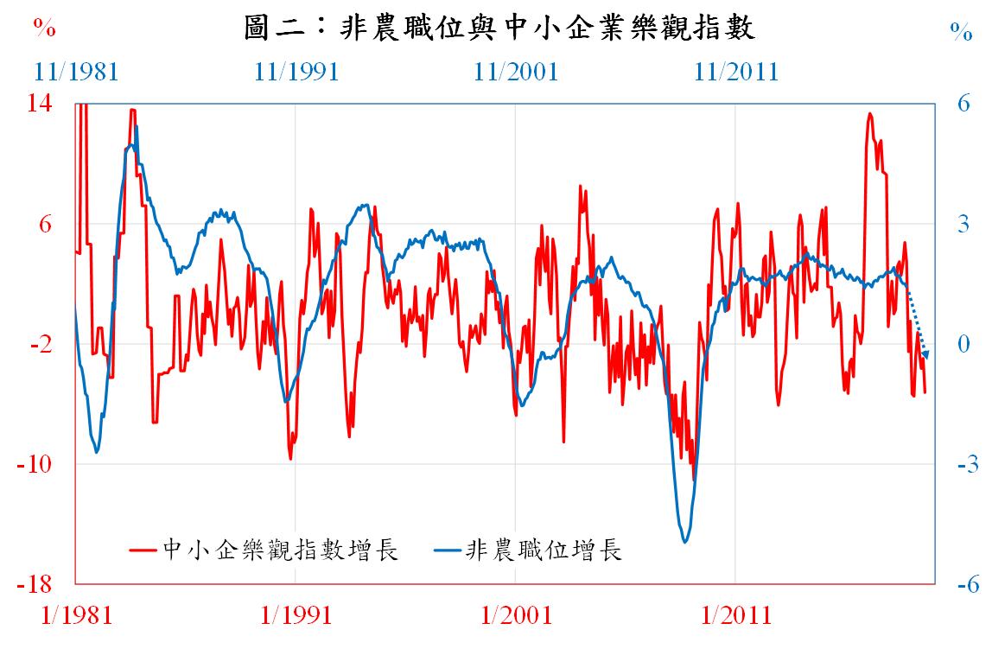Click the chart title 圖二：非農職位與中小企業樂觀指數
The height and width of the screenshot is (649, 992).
pos(500,29)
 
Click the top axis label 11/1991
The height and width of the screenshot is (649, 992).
pos(296,71)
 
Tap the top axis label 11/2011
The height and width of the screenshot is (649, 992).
pos(736,71)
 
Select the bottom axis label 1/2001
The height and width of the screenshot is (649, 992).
pos(516,615)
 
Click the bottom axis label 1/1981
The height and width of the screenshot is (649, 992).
pos(77,615)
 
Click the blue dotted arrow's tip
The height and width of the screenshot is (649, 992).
pos(926,355)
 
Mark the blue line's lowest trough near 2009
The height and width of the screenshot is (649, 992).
pos(685,542)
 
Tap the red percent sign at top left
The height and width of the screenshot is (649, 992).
pos(45,29)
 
